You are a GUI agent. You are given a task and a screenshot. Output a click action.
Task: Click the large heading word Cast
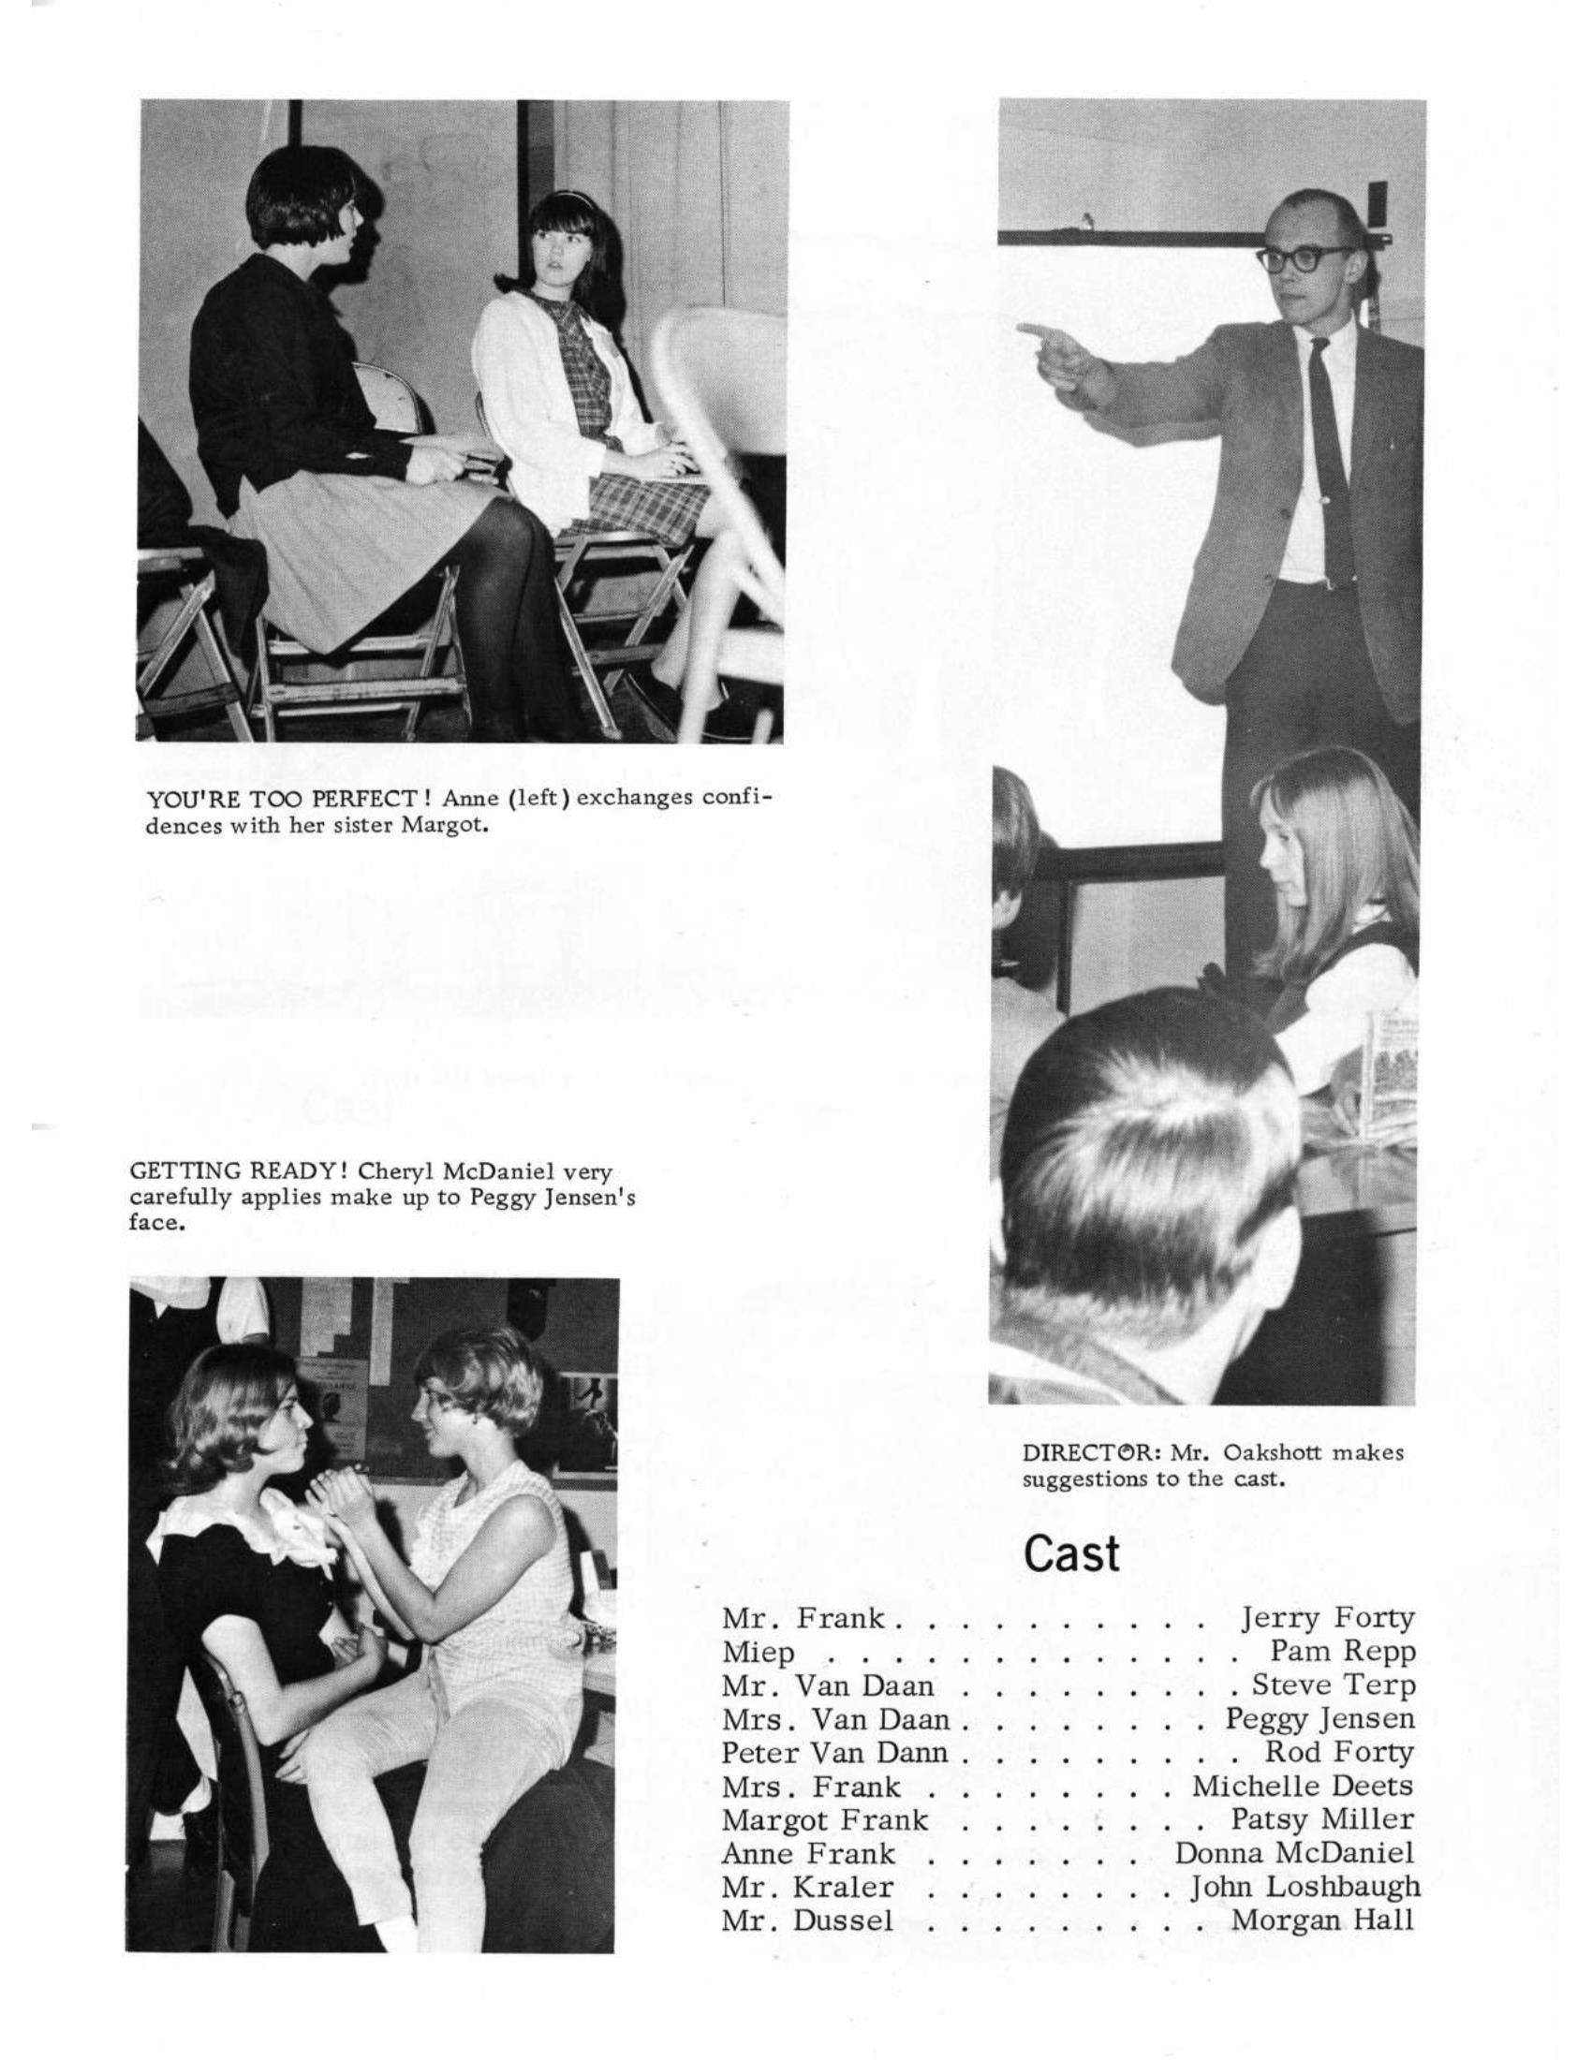tap(1071, 1554)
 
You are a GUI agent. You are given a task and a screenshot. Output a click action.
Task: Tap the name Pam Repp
tap(1342, 1653)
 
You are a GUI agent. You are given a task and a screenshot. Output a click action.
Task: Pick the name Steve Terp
tap(1333, 1685)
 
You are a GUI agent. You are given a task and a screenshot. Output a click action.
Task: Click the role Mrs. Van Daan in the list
tap(835, 1719)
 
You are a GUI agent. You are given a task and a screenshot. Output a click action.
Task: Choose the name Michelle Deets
tap(1303, 1787)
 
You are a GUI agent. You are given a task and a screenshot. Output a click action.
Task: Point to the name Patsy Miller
tap(1322, 1819)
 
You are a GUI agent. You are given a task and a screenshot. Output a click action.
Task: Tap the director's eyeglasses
tap(1305, 257)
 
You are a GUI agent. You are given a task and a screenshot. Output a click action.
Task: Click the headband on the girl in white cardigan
tap(565, 196)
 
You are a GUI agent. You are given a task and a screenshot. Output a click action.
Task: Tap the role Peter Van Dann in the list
tap(834, 1753)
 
